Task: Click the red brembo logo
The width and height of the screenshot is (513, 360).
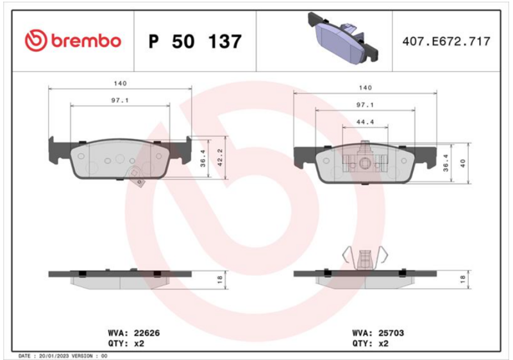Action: pyautogui.click(x=73, y=41)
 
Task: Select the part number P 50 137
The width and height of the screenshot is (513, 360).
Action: pyautogui.click(x=195, y=42)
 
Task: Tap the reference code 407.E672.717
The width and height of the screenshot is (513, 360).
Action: pyautogui.click(x=446, y=41)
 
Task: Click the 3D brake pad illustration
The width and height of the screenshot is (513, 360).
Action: pyautogui.click(x=343, y=38)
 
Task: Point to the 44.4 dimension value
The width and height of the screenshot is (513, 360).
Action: pyautogui.click(x=365, y=122)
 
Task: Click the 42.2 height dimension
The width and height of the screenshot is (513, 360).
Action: pyautogui.click(x=220, y=157)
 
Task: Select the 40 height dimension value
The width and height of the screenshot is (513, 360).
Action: pyautogui.click(x=462, y=163)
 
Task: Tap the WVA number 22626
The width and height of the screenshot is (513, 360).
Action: pyautogui.click(x=147, y=333)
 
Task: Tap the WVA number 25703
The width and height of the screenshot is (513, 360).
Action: pyautogui.click(x=391, y=333)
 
